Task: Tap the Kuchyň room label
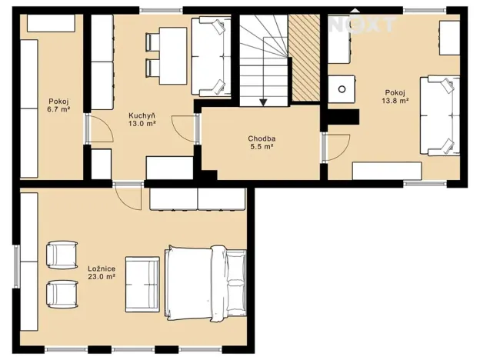142,115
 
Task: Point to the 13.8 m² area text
395,101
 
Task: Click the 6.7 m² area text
58,108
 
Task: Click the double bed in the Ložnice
205,283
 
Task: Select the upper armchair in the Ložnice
62,255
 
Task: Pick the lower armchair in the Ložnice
62,294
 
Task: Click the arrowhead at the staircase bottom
263,102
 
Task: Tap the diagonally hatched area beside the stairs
305,58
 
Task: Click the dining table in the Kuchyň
173,55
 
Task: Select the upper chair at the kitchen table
152,42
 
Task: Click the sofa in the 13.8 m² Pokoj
440,115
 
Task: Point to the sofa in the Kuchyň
211,57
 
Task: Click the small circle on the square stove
342,89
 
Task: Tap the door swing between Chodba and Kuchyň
184,128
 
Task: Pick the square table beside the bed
142,285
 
